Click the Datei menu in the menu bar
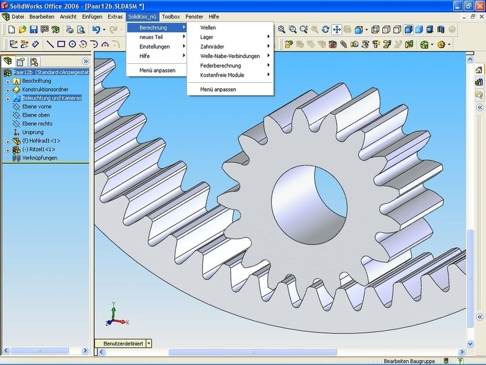click(17, 17)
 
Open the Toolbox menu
click(171, 17)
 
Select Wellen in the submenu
click(208, 28)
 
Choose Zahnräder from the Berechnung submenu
click(212, 46)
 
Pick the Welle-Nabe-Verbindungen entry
click(230, 56)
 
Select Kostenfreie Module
click(222, 75)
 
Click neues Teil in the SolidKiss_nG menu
click(151, 37)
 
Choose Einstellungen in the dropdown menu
click(154, 46)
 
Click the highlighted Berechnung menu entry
click(153, 28)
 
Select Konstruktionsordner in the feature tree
click(45, 90)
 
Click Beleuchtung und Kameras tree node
click(51, 98)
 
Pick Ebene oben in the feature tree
click(36, 115)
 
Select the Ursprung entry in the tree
click(32, 132)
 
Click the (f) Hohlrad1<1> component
click(41, 141)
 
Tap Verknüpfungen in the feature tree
click(39, 158)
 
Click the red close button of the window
click(477, 5)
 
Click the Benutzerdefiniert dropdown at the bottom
click(149, 343)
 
